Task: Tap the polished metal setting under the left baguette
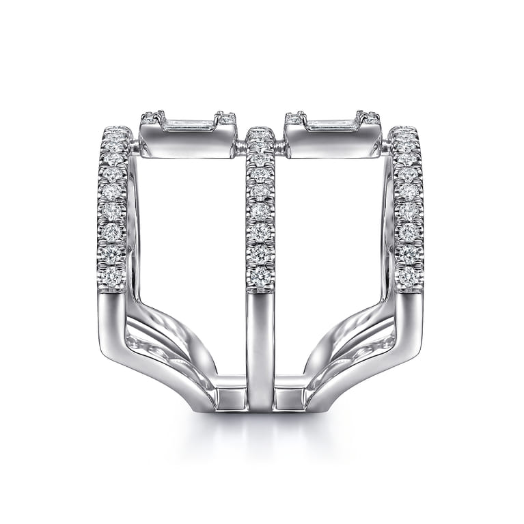187,143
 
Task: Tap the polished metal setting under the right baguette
332,143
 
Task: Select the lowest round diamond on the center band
260,274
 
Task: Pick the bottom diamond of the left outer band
113,275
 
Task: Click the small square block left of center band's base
232,397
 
